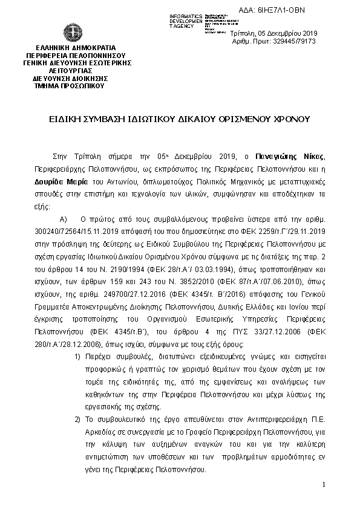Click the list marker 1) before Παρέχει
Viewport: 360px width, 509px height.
pos(77,357)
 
